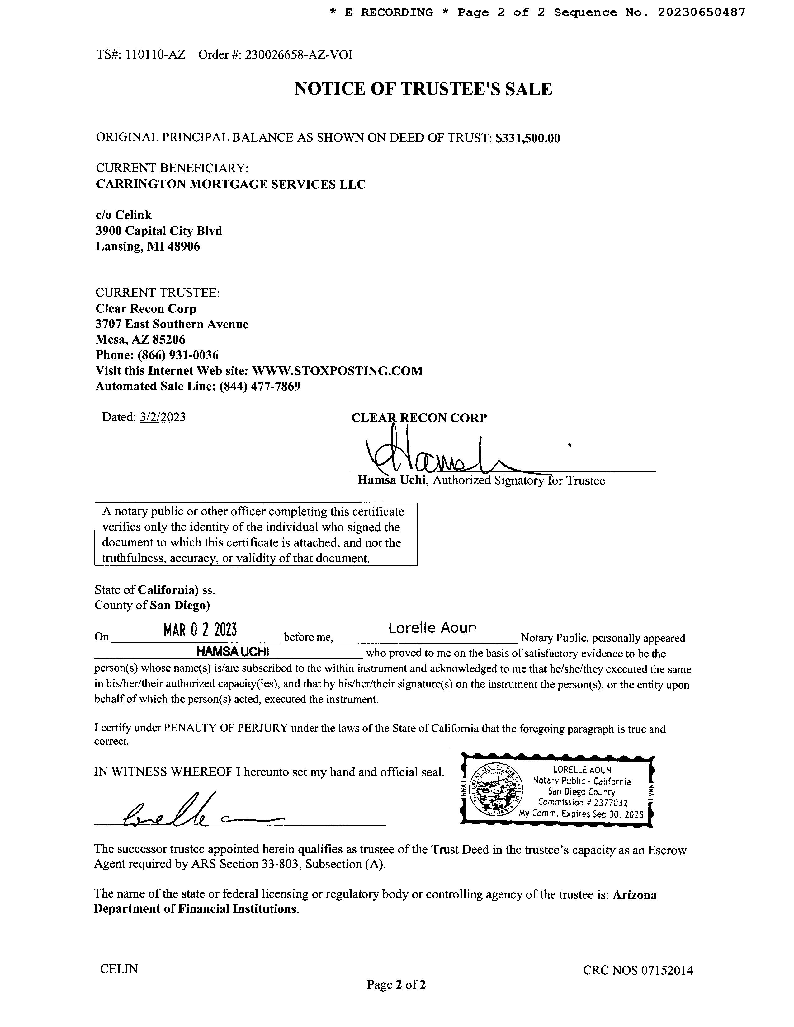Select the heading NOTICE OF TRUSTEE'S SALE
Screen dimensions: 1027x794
[x=423, y=89]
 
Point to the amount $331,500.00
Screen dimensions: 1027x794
[x=528, y=138]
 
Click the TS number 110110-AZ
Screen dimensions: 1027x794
[x=155, y=55]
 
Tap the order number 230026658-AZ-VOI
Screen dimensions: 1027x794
[x=298, y=55]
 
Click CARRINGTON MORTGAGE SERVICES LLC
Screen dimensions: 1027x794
[x=230, y=184]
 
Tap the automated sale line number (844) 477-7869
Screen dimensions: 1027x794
[x=260, y=386]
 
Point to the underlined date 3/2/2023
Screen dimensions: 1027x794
[x=163, y=417]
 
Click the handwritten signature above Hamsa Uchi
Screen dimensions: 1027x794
[x=437, y=454]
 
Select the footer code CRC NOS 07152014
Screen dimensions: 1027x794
[x=637, y=970]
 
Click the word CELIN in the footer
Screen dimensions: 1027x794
[x=119, y=969]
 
